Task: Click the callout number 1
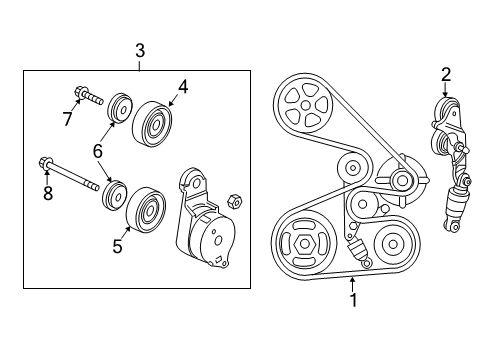(353, 298)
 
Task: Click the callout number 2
(446, 73)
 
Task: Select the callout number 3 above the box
(139, 50)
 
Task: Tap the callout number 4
(183, 87)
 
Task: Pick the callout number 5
(117, 246)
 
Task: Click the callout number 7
(68, 120)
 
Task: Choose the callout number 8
(47, 192)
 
